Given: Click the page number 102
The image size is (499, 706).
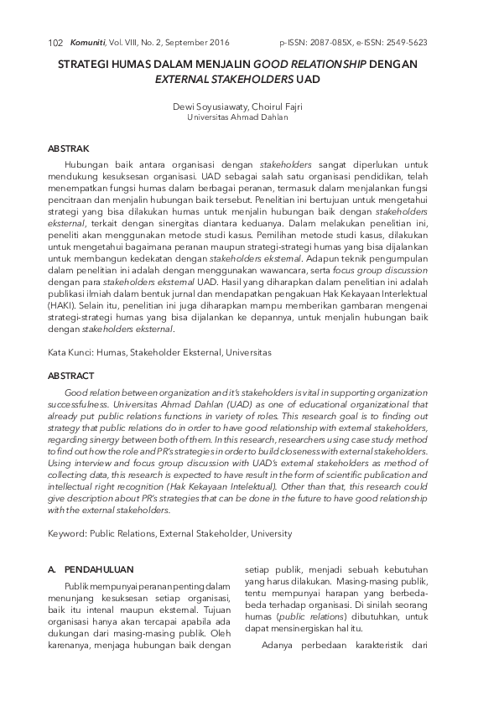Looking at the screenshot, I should tap(56, 43).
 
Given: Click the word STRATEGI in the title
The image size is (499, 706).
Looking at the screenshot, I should tap(90, 64).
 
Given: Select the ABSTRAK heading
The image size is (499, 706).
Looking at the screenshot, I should tap(69, 148).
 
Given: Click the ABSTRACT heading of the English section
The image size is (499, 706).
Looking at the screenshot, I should tap(71, 376).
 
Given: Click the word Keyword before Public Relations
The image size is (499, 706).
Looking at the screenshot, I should tap(68, 533).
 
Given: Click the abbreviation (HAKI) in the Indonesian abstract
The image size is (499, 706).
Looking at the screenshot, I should tap(64, 306).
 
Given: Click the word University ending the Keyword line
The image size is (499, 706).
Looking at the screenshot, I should tap(268, 533).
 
